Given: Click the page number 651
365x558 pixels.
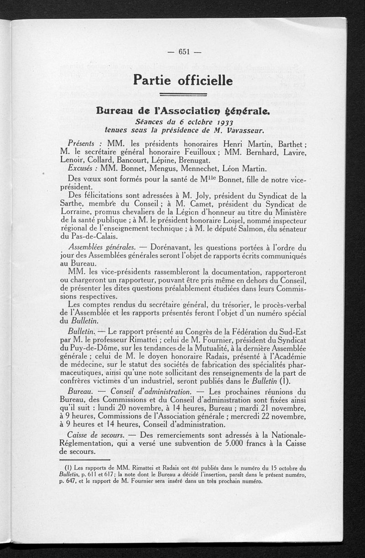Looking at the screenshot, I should (x=184, y=52).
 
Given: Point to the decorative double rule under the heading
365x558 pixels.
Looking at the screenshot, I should (x=184, y=95).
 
